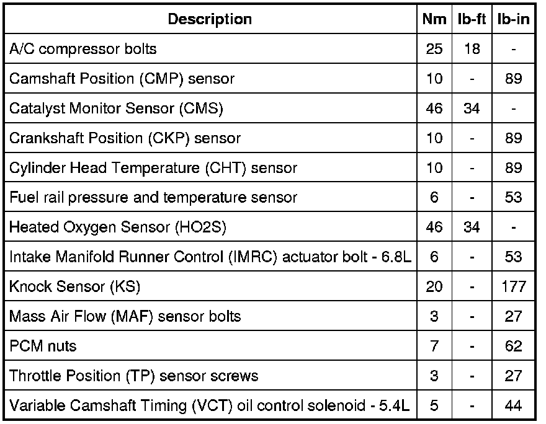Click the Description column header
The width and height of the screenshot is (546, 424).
point(210,19)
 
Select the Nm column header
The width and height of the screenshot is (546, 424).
point(434,19)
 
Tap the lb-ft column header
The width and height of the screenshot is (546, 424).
point(472,19)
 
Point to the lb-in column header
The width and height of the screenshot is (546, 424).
point(513,19)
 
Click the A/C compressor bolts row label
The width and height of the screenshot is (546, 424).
point(83,49)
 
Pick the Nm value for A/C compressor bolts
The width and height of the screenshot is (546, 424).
point(434,49)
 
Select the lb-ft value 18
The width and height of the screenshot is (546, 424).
point(472,49)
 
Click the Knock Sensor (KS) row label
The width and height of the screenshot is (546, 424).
point(75,287)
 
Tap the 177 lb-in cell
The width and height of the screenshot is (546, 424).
point(513,287)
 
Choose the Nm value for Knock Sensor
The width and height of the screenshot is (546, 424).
point(434,287)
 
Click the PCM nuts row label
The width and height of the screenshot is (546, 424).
point(43,347)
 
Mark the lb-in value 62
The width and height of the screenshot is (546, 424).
point(513,347)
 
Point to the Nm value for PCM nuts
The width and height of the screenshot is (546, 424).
point(434,347)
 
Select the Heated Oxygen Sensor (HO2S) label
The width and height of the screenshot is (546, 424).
point(118,227)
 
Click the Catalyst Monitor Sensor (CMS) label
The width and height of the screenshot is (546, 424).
point(116,108)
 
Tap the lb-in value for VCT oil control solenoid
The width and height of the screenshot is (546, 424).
point(513,406)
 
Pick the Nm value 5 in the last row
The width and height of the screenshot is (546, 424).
point(434,406)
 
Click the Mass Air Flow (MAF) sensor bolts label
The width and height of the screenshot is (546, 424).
point(125,317)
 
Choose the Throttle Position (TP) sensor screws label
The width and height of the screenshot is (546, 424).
point(133,376)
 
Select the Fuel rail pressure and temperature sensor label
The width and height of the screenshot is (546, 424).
point(153,198)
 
